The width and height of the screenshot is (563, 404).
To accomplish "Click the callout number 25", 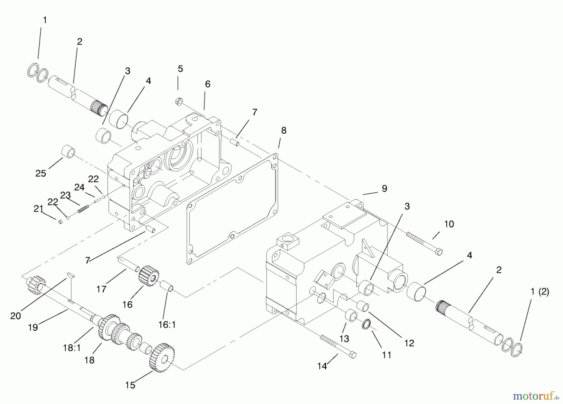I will (41, 173).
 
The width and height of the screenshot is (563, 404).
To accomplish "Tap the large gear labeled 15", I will (162, 357).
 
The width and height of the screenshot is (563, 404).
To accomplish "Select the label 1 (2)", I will (540, 292).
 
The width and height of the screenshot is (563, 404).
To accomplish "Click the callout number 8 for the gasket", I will (283, 130).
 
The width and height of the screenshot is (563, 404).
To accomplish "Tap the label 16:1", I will (167, 325).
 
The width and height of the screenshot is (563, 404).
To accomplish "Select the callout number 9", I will (384, 189).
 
